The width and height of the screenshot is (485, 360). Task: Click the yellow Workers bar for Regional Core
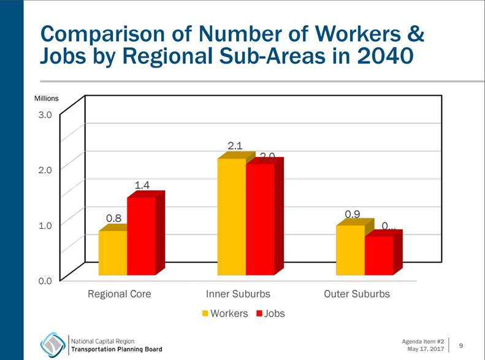(113, 253)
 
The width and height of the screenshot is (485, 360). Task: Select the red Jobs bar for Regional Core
(141, 236)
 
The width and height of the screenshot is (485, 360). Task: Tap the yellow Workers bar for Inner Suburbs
(232, 217)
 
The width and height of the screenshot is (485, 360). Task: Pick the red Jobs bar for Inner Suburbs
(260, 220)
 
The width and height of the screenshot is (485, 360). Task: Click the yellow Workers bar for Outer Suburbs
(350, 250)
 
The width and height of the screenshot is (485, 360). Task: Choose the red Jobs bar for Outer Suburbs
(378, 255)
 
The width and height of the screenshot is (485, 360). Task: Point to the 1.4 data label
(142, 185)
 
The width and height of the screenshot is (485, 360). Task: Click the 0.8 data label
(114, 218)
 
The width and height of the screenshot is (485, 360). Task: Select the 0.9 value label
(352, 214)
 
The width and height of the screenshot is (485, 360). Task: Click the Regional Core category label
(119, 294)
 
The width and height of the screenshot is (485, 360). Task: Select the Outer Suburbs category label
(356, 294)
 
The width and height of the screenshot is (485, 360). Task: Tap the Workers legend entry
(224, 313)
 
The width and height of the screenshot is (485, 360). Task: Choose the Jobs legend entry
(270, 313)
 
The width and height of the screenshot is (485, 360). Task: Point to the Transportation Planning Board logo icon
(53, 344)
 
